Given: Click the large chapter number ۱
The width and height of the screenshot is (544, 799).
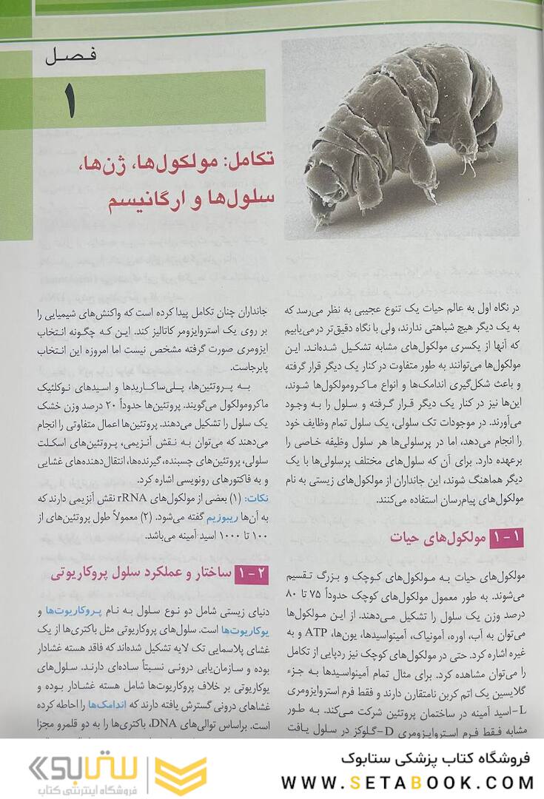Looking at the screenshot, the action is tap(70, 99).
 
